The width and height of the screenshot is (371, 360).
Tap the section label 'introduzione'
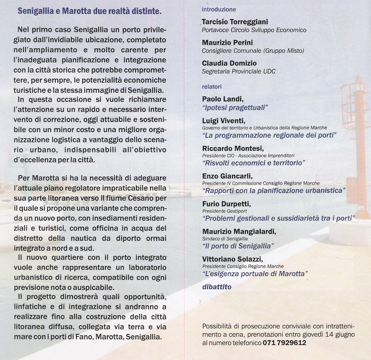coord(219,9)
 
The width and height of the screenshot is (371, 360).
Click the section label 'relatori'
coord(212,86)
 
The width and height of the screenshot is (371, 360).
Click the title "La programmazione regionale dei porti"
coord(269,135)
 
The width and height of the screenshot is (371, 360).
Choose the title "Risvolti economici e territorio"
coord(253,163)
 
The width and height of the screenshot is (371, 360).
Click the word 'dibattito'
coord(217,287)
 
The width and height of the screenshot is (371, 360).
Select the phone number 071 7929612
coord(284,343)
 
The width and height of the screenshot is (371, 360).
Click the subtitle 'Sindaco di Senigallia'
coord(224,238)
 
